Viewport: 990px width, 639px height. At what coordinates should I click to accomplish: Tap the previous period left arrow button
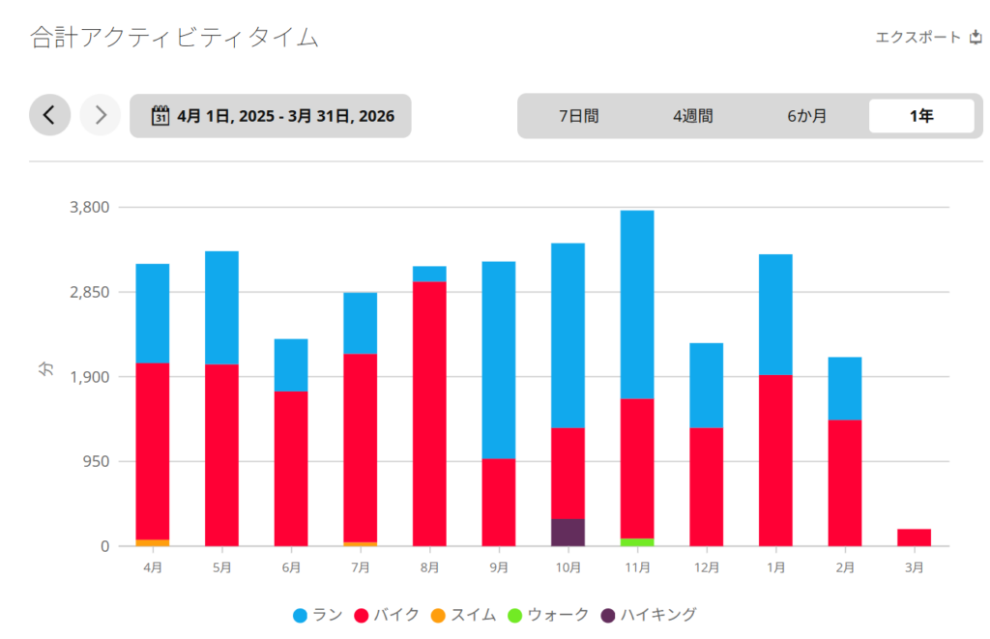[49, 116]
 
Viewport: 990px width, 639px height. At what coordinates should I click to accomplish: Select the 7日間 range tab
[578, 116]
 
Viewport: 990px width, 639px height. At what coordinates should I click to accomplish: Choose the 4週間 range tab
[692, 116]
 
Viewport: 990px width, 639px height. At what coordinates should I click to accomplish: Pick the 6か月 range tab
[806, 116]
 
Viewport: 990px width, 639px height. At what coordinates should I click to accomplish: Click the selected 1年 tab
[920, 116]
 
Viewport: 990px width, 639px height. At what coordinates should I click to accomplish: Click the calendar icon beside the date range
[160, 116]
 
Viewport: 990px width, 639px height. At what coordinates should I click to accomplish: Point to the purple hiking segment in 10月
[568, 533]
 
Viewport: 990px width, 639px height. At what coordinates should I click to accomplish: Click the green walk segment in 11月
[637, 542]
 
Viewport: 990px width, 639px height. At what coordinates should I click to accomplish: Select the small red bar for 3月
[914, 537]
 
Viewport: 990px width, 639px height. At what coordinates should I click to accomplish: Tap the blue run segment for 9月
[499, 360]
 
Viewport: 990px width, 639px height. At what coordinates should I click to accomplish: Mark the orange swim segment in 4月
[153, 543]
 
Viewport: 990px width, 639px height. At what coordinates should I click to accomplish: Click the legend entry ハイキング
[648, 615]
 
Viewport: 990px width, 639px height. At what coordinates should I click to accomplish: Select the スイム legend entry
[464, 615]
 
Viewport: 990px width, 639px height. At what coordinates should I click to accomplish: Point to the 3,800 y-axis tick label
[90, 207]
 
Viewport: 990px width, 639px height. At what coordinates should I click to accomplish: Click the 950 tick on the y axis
[98, 461]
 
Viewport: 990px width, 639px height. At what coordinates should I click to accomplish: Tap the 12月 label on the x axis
[706, 567]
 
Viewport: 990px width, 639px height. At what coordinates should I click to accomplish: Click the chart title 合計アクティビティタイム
[174, 38]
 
